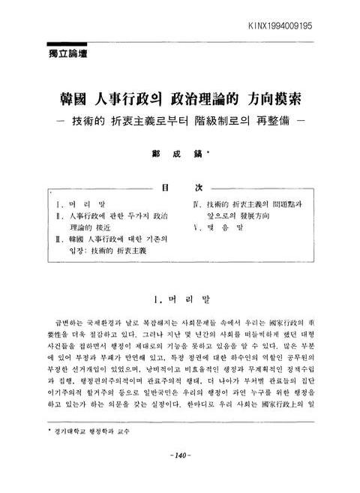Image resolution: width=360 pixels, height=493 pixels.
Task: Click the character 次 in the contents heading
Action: [x=199, y=188]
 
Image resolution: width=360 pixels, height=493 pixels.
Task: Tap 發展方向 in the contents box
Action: [x=262, y=216]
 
